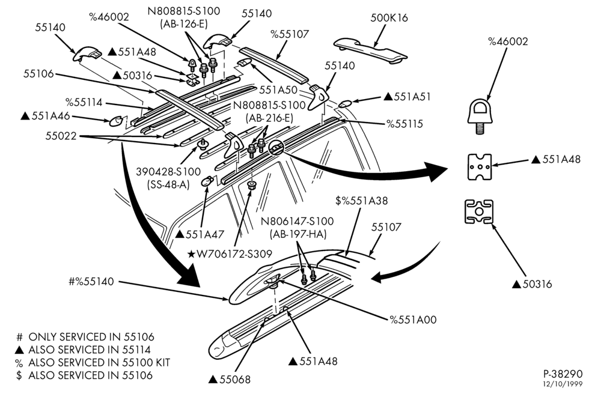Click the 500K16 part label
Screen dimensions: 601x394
coord(389,18)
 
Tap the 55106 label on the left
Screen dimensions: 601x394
coord(38,74)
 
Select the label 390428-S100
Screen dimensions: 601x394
coord(168,172)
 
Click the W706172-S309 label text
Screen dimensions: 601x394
coord(230,253)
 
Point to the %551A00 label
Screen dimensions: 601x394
coord(413,320)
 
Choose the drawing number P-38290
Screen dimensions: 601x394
coord(563,374)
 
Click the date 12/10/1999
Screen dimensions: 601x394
coord(563,384)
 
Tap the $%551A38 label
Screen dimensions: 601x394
coord(361,201)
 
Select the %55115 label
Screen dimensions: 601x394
coord(404,124)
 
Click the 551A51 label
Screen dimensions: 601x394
coord(407,97)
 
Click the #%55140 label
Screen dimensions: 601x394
coord(91,282)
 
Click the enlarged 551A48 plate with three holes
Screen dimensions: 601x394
coord(480,167)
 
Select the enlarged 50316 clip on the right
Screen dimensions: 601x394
coord(479,212)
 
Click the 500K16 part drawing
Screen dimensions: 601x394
coord(370,49)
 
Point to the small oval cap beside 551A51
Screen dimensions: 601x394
coord(346,103)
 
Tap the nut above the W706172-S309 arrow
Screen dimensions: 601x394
coord(251,186)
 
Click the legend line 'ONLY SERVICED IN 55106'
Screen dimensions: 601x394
coord(85,338)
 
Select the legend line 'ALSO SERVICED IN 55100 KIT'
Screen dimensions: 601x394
coord(93,363)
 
